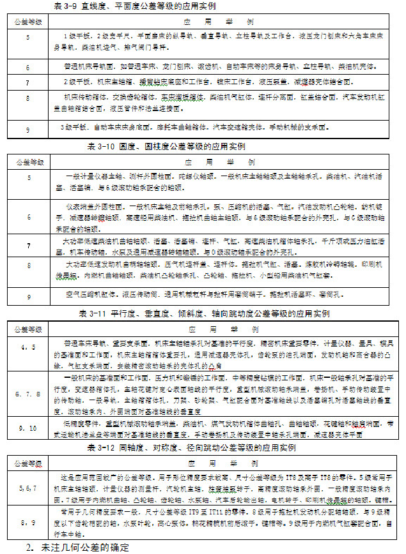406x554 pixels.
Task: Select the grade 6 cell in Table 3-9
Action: coord(27,67)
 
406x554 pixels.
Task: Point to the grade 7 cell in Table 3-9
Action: coord(27,83)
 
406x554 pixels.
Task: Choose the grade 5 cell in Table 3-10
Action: coord(27,176)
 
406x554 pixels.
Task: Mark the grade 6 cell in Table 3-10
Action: coord(27,218)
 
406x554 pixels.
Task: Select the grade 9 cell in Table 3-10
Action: coord(27,297)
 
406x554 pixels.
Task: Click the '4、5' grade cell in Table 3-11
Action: coord(27,347)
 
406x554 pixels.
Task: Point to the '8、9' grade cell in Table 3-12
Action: coord(27,523)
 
